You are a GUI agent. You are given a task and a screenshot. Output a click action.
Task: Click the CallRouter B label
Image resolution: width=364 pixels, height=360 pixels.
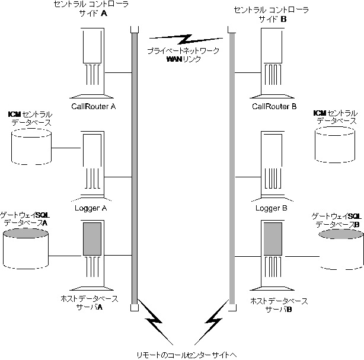274,107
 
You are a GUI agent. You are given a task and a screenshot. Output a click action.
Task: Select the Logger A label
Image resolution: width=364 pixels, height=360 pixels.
91,208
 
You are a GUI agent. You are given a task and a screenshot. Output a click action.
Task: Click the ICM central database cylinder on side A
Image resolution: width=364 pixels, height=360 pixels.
31,146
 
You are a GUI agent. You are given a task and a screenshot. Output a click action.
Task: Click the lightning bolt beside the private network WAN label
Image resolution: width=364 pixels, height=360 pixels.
181,40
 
